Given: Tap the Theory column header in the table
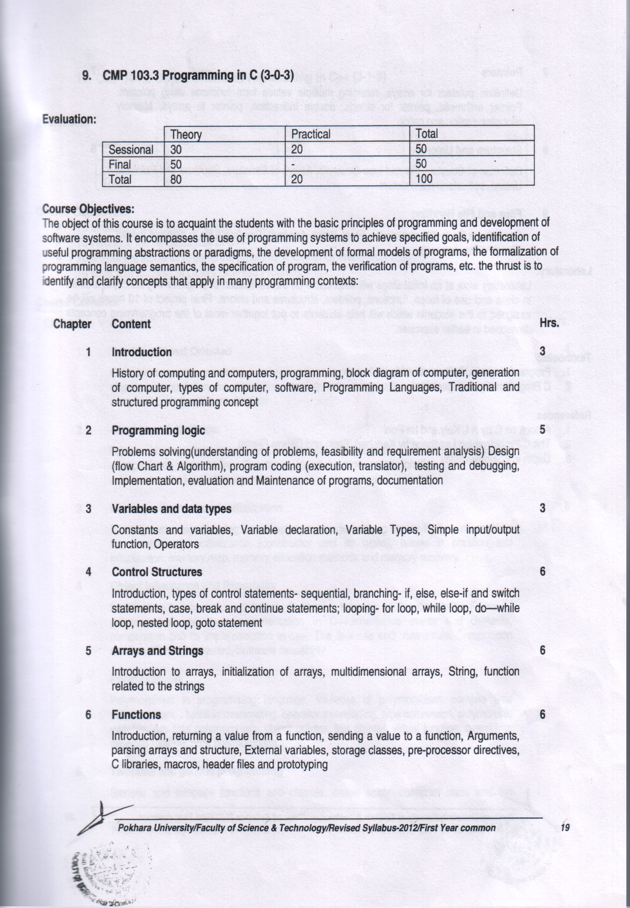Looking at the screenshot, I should coord(186,134).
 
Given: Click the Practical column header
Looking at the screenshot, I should coord(311,134).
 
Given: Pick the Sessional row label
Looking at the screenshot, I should coord(131,150).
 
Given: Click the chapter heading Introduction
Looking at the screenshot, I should coord(142,352).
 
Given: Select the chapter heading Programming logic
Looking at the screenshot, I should coord(158,430).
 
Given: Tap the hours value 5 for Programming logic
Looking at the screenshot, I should coord(542,429).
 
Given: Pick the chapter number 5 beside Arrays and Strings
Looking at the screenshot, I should coord(88,650).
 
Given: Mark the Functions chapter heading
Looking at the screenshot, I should coord(136,714).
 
